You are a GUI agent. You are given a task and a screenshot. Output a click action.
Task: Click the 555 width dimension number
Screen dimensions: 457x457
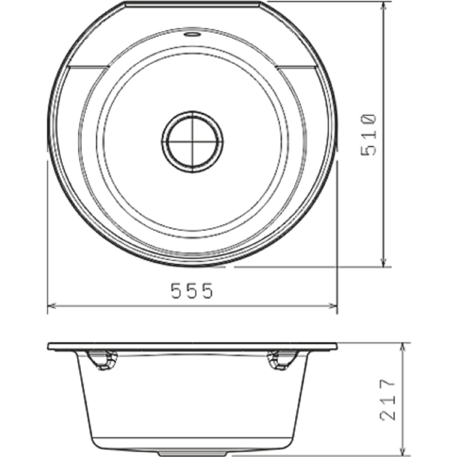tap(192, 292)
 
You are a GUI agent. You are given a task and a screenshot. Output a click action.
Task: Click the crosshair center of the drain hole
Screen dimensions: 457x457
tap(193, 141)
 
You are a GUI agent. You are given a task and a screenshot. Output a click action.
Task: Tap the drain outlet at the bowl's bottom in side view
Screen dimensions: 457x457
tap(193, 451)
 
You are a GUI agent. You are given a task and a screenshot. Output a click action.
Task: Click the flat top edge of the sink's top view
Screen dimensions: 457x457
tap(193, 3)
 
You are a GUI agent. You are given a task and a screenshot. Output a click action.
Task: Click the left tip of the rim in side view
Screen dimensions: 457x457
tap(49, 347)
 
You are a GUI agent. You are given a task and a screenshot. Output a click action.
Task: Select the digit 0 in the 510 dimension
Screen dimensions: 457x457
tap(369, 119)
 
